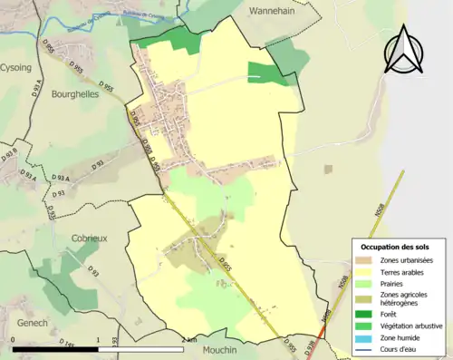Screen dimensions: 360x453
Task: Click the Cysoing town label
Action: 15,66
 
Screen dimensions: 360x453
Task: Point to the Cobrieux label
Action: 90,238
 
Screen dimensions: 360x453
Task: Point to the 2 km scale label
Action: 188,340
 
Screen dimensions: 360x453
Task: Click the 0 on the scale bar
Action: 13,340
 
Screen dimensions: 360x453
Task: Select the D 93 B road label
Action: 9,155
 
